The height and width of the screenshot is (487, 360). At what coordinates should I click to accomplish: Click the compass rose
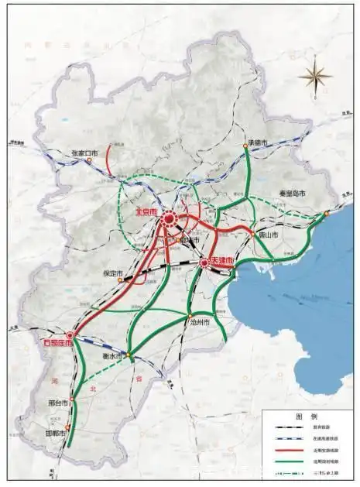tap(314, 75)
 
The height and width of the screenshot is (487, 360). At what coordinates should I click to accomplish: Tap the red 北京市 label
tap(146, 211)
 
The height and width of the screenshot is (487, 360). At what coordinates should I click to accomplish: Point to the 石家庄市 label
tap(57, 341)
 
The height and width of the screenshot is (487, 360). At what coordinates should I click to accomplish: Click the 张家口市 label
tap(84, 154)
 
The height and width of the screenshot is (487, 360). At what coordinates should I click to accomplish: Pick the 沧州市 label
tap(199, 322)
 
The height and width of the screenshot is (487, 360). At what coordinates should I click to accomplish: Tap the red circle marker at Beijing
tap(169, 222)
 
